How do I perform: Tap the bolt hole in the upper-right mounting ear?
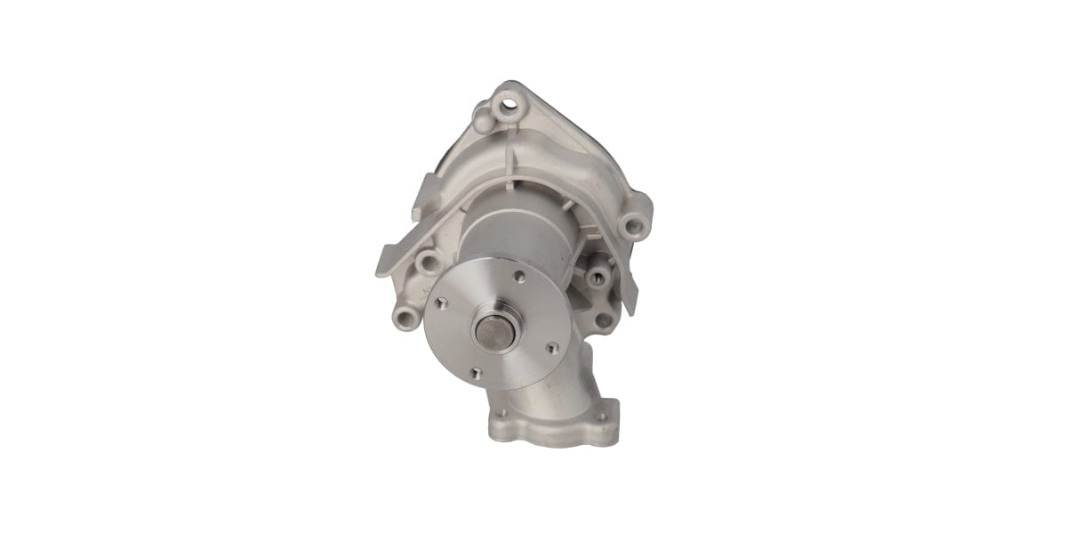pos(634,224)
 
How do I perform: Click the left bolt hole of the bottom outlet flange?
pos(503,412)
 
